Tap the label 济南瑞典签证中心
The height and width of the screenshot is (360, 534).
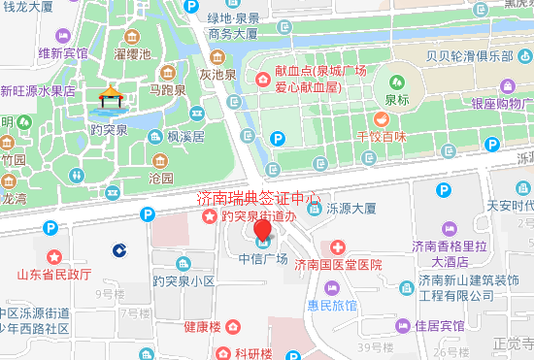coord(258,199)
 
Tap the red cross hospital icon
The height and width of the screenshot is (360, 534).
coord(338,247)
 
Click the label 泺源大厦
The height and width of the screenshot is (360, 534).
coord(351,208)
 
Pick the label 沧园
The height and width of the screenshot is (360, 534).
coord(161,179)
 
